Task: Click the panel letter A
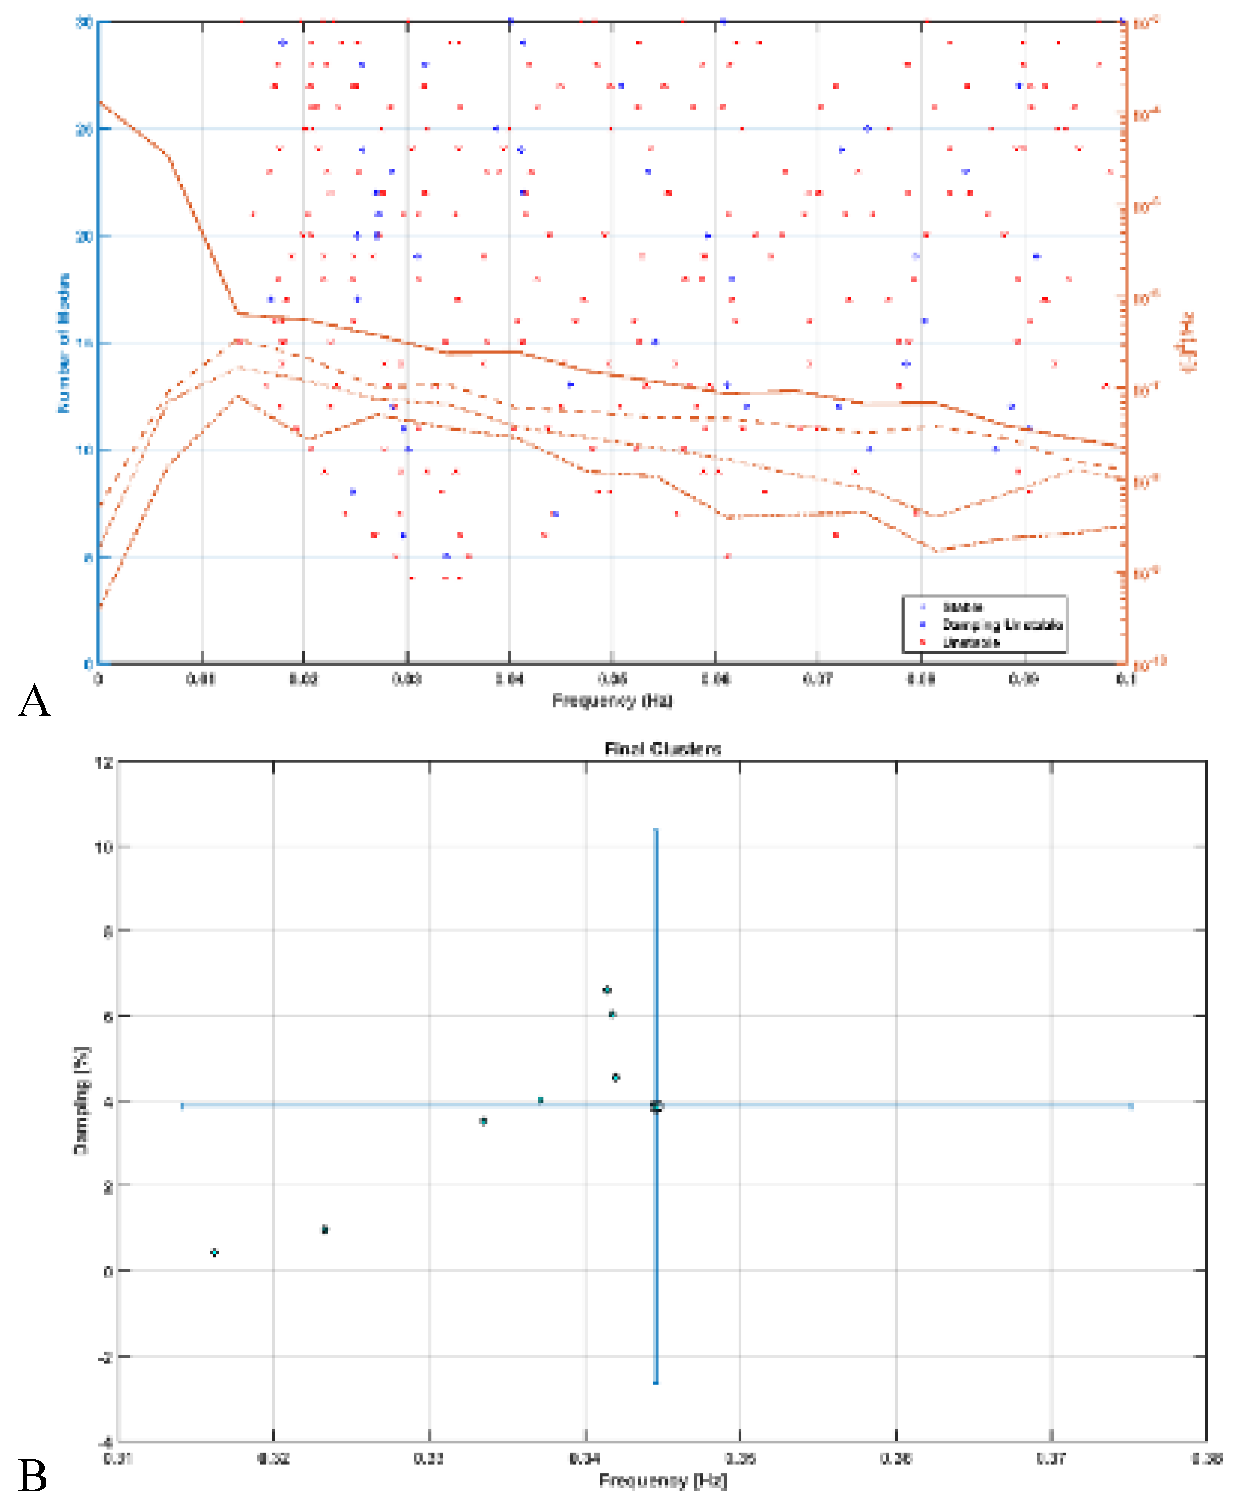(34, 701)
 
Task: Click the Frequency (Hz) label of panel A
(612, 701)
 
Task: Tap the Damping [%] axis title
(82, 1100)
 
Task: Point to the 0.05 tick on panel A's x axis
(612, 679)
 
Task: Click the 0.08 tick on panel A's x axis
(921, 679)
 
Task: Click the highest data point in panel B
(607, 990)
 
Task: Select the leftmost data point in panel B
(214, 1252)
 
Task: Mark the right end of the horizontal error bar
(1131, 1106)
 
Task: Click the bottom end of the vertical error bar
(656, 1383)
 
